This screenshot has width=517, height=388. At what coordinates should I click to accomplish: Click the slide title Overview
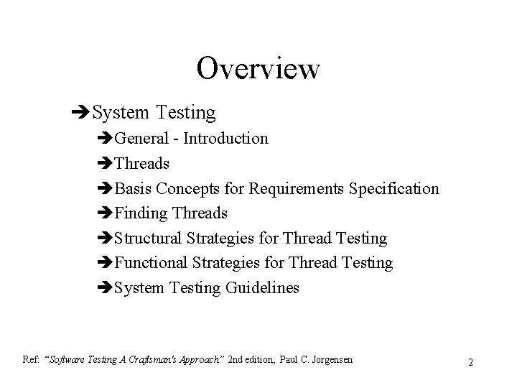258,69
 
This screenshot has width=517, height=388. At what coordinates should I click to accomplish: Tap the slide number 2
470,362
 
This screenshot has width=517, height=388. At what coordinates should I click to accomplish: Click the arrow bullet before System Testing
81,113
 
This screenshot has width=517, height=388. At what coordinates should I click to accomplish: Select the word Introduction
225,138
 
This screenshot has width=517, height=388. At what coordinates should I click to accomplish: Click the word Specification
394,188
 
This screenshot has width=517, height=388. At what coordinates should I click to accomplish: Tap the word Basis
134,188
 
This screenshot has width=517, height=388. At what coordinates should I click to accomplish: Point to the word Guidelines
263,288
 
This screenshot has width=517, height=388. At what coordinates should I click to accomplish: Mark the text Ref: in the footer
32,359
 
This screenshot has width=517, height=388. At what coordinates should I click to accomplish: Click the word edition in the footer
256,359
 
